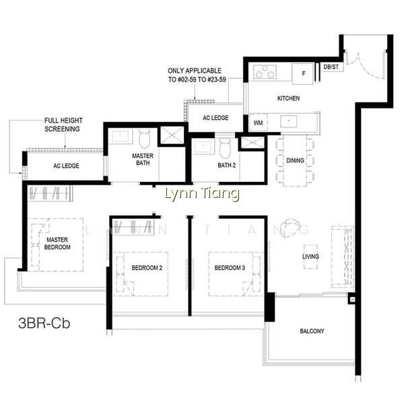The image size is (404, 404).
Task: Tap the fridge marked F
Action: click(x=303, y=73)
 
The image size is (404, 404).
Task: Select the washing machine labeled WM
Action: click(x=258, y=123)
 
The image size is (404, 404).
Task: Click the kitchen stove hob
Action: click(x=265, y=71)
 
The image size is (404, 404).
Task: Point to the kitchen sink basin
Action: click(x=289, y=121)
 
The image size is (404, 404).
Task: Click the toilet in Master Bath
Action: click(x=145, y=139)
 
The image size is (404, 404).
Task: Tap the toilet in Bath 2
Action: click(x=225, y=148)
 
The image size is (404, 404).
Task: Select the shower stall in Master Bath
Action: click(x=172, y=135)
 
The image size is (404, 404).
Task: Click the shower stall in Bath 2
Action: click(x=252, y=143)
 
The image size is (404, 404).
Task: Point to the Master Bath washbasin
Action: click(x=121, y=136)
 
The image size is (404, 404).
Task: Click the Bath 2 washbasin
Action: click(x=203, y=147)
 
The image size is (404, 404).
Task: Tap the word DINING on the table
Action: click(x=296, y=160)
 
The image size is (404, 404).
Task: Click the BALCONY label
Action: click(x=312, y=331)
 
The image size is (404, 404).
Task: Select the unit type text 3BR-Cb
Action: click(x=44, y=323)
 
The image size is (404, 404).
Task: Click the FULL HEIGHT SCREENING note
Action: click(x=63, y=125)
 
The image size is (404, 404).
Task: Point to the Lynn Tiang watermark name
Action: click(x=202, y=194)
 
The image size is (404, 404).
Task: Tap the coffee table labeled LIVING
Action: click(x=310, y=257)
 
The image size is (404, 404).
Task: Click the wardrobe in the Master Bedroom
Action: click(x=50, y=193)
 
